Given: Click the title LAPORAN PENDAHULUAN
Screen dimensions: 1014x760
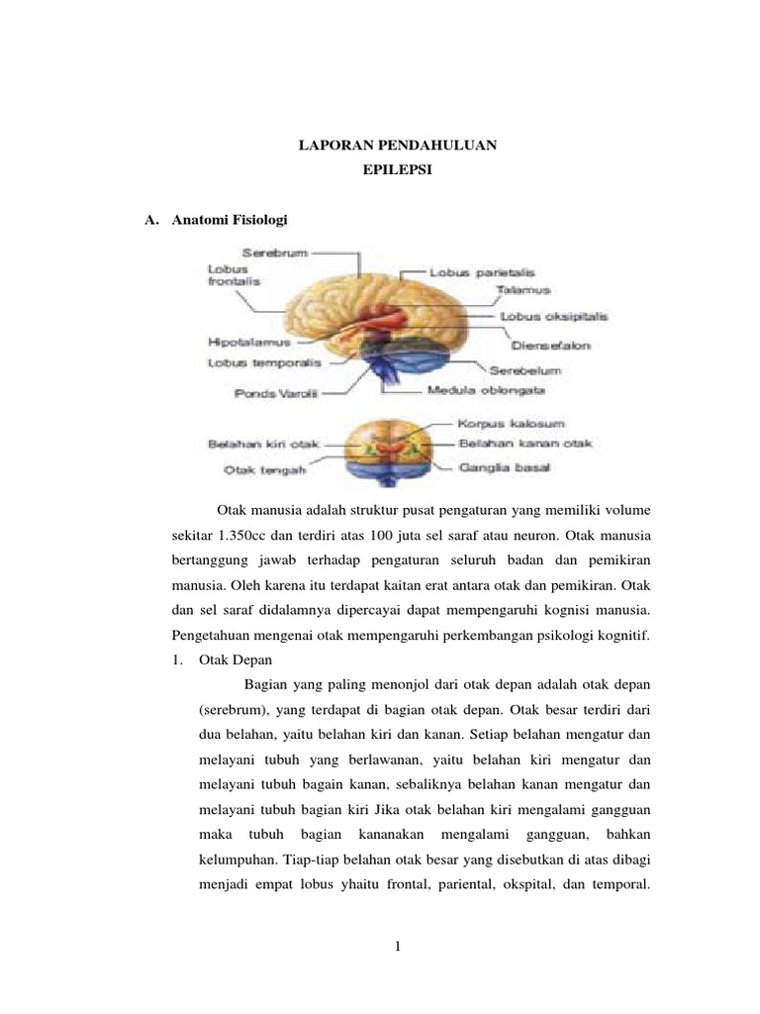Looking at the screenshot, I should click(x=398, y=147).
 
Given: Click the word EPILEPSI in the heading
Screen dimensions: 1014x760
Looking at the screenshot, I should click(x=398, y=170).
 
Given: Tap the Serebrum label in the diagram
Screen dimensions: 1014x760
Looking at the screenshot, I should click(x=240, y=253).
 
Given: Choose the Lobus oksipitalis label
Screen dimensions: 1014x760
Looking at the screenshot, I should click(x=554, y=317).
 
